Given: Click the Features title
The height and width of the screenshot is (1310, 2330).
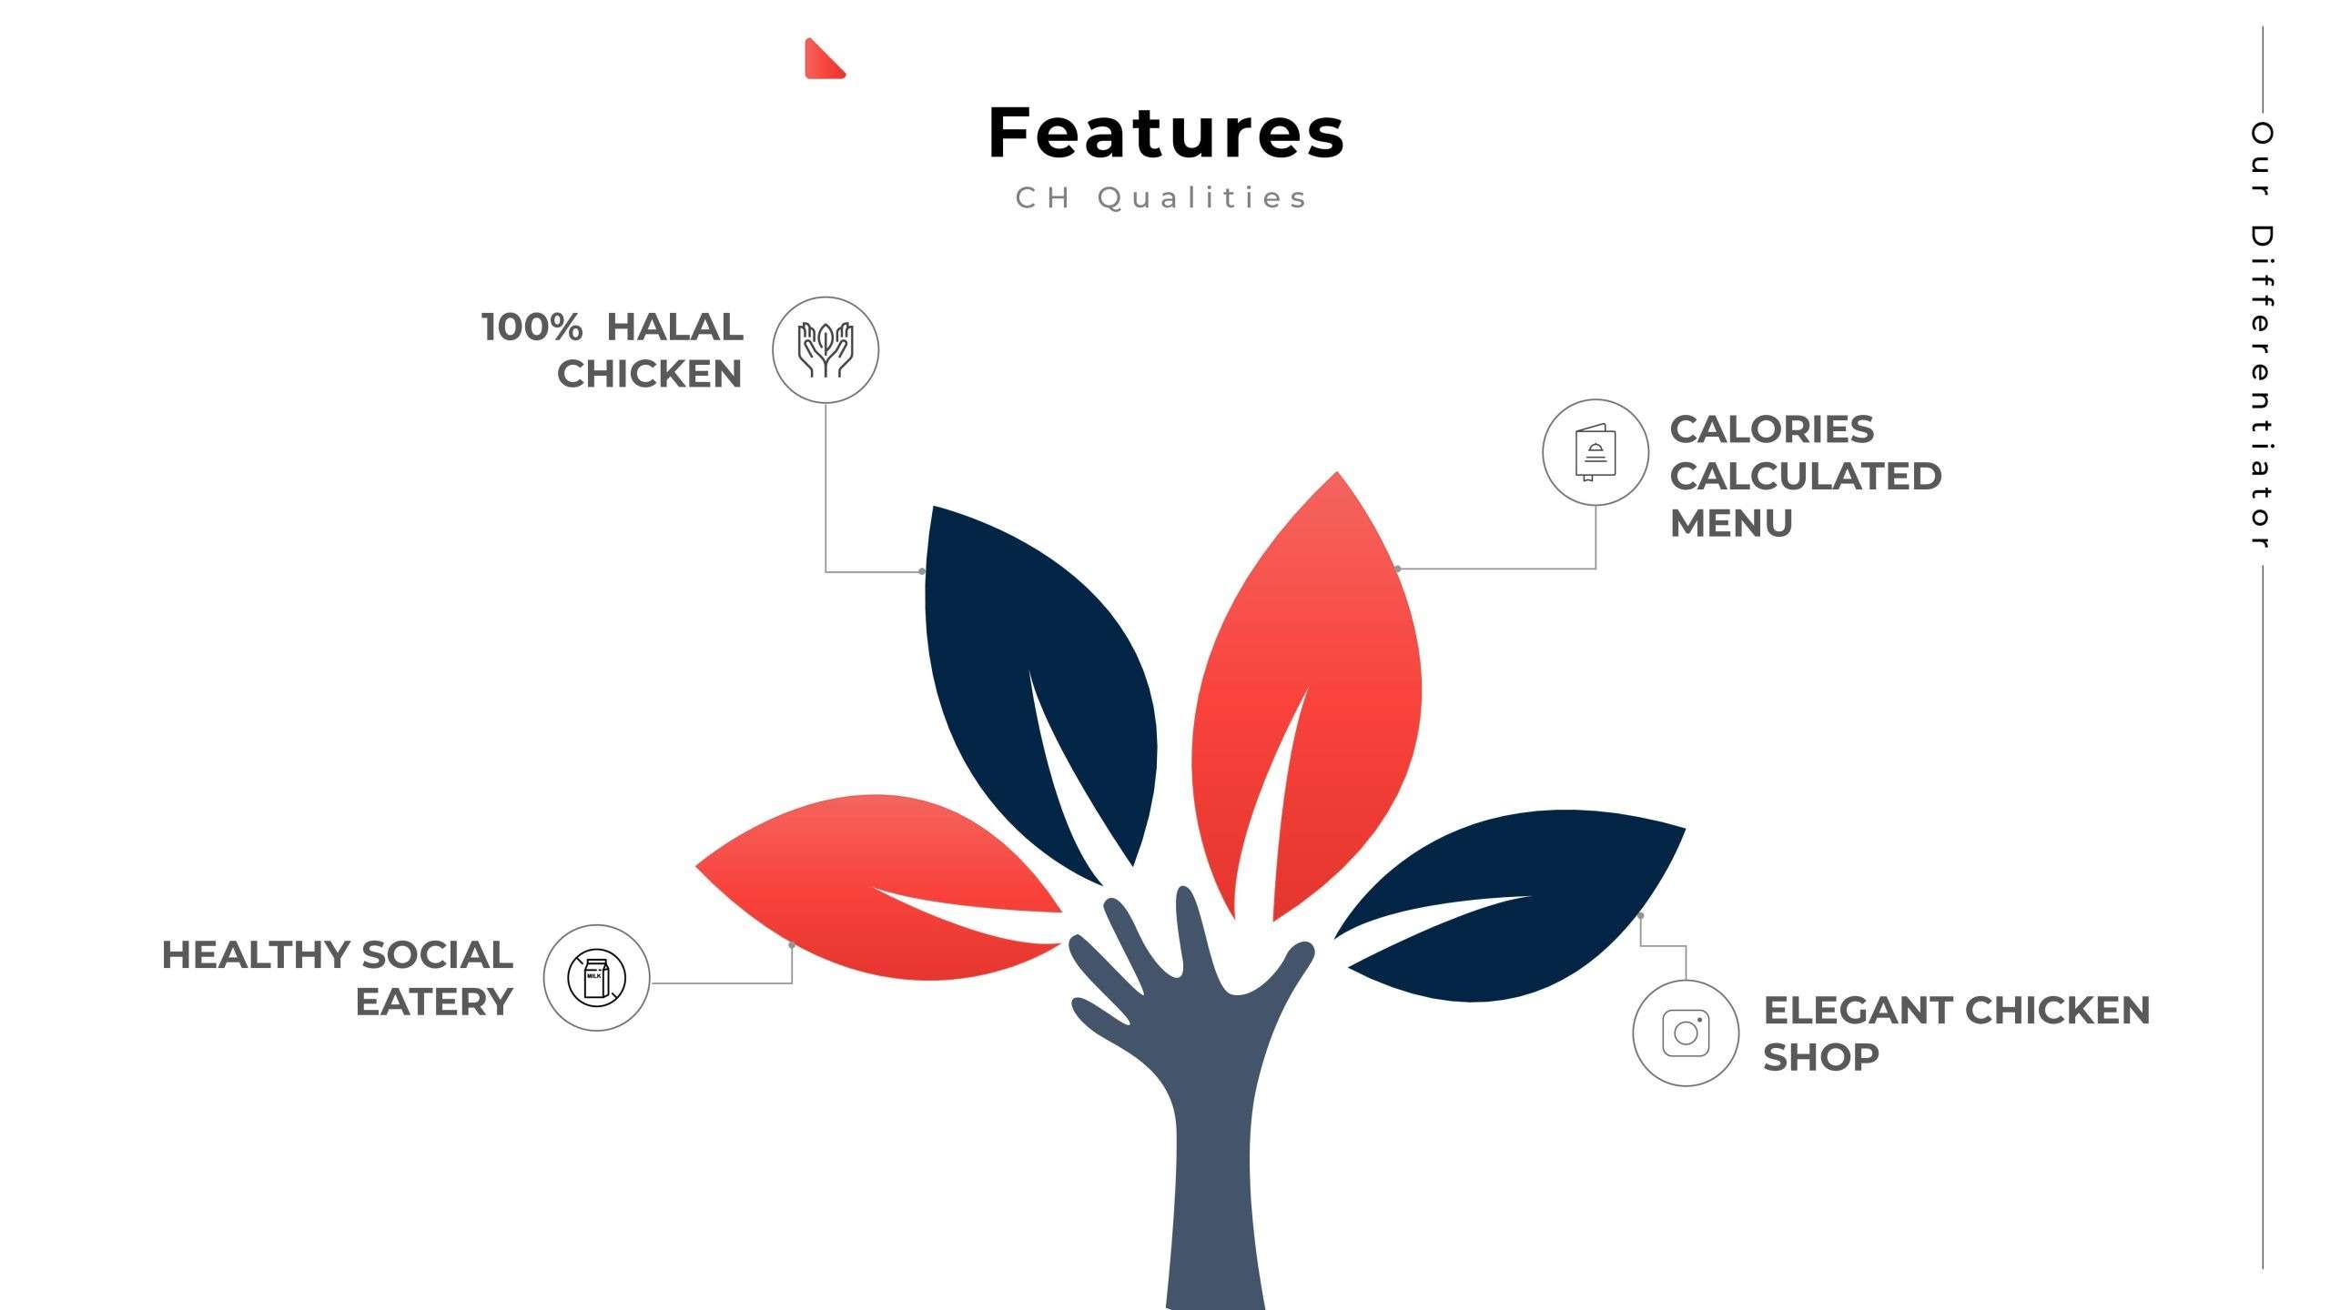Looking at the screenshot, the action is (x=1166, y=133).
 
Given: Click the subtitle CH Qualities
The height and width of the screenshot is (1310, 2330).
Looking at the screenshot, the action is (x=1161, y=197).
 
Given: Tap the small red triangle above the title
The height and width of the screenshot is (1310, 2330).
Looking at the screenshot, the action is (x=823, y=60).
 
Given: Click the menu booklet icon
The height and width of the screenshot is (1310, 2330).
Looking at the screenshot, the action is (x=1596, y=452).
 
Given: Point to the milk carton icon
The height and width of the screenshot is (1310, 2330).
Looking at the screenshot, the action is (x=596, y=978).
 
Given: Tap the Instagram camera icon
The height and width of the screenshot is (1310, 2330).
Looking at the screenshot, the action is (x=1686, y=1033).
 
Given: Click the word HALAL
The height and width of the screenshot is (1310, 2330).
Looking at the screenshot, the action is (x=674, y=327).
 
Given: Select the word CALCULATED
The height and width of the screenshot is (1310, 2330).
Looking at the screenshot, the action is (x=1806, y=476).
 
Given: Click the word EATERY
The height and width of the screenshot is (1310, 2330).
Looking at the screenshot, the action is (x=434, y=1002).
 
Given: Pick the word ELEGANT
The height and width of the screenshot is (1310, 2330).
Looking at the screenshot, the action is (x=1858, y=1010).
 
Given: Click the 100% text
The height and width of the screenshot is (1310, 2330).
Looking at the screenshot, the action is (x=532, y=327).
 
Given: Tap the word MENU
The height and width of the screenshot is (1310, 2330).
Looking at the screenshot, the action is (x=1731, y=523).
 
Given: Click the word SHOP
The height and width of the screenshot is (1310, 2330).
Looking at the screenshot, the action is (x=1820, y=1057).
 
